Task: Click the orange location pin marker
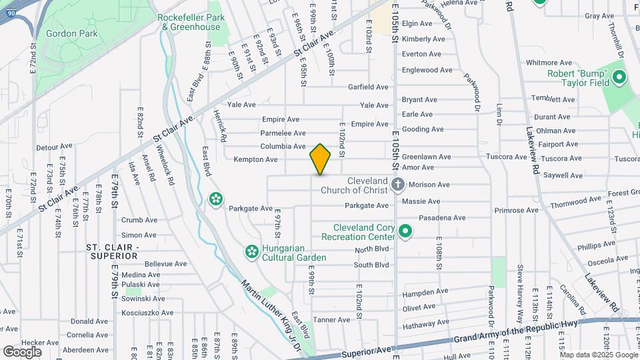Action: pyautogui.click(x=320, y=159)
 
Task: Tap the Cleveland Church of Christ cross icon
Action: pyautogui.click(x=398, y=185)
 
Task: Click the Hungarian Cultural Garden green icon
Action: pyautogui.click(x=251, y=251)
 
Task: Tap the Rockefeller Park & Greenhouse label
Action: pyautogui.click(x=190, y=22)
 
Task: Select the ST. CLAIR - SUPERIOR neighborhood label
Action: pyautogui.click(x=111, y=251)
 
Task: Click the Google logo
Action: pyautogui.click(x=22, y=351)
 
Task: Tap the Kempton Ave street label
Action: pyautogui.click(x=255, y=159)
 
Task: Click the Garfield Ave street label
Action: pyautogui.click(x=368, y=87)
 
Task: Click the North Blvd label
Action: pyautogui.click(x=371, y=249)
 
